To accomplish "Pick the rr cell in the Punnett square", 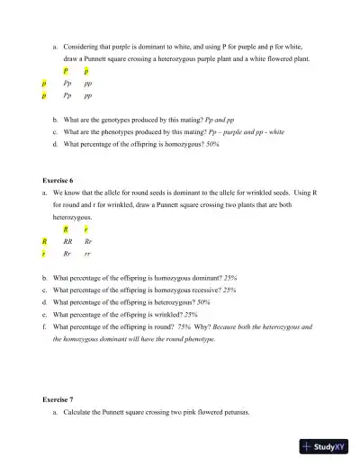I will (86, 255).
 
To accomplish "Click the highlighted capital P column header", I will (66, 68).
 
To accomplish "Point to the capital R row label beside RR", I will (44, 242).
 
